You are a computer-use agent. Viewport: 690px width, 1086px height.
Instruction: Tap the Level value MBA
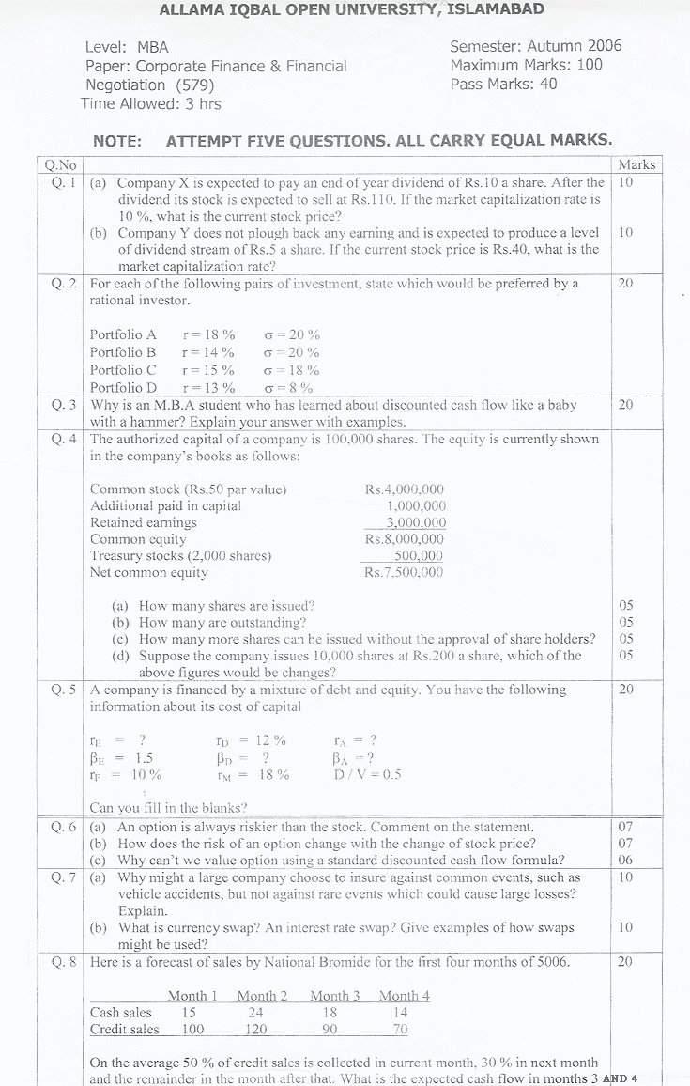click(152, 46)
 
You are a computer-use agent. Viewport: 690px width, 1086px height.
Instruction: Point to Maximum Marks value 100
click(589, 65)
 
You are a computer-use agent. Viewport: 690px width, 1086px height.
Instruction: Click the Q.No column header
click(60, 164)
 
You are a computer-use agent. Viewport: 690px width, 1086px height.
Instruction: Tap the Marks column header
click(636, 164)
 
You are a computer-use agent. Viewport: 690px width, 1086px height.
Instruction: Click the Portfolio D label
click(123, 387)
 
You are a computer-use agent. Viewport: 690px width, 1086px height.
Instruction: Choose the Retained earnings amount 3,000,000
click(416, 522)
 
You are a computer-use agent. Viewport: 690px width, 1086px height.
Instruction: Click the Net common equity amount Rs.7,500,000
click(404, 572)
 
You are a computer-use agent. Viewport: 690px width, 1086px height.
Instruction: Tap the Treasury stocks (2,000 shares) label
click(180, 555)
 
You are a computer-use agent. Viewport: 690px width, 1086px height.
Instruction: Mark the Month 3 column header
click(334, 996)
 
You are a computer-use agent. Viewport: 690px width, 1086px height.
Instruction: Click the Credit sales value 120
click(256, 1030)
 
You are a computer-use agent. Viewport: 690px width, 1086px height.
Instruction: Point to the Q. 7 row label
click(64, 877)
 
